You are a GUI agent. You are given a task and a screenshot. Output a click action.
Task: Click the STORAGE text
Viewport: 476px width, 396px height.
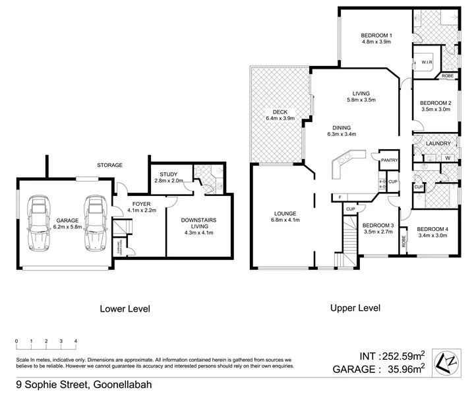coord(109,165)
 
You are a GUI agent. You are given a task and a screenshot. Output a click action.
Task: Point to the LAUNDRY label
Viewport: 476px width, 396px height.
coord(438,143)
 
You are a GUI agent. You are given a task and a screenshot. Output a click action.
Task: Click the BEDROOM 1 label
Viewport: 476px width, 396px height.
coord(377,35)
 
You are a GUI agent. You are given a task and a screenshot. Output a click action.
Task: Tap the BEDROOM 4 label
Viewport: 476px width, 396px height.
coord(432,230)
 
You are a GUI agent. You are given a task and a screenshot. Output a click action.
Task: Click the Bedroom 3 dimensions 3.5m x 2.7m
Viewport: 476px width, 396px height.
coord(377,231)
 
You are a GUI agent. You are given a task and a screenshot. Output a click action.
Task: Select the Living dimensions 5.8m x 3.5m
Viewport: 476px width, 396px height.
coord(361,100)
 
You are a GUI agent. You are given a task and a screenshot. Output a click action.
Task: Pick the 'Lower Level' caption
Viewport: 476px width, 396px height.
coord(125,308)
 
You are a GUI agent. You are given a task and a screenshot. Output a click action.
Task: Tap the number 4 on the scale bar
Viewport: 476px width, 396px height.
coord(76,341)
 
